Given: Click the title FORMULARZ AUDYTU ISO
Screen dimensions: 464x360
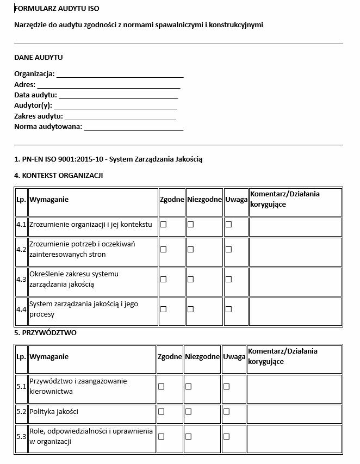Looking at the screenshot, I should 57,9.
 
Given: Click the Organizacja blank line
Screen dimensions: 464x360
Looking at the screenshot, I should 120,75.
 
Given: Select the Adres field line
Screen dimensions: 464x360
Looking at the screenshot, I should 108,85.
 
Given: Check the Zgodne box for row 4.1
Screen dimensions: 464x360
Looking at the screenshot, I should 163,224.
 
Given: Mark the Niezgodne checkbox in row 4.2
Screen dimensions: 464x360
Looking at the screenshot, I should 190,249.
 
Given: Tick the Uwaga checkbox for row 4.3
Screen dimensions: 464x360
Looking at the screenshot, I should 228,279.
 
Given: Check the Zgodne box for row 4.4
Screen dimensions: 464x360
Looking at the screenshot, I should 163,309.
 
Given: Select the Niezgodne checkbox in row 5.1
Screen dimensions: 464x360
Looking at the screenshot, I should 188,386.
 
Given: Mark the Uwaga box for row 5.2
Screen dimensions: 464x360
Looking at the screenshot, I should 226,411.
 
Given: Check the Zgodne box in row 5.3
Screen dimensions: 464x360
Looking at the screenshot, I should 161,436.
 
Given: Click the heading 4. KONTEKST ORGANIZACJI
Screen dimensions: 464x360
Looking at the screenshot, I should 59,175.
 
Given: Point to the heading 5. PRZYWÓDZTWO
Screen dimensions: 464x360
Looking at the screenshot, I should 45,332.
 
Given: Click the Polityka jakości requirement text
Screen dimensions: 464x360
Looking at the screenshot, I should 51,411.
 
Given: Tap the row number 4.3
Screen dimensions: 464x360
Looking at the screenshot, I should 21,279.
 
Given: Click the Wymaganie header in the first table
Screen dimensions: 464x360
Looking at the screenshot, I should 49,199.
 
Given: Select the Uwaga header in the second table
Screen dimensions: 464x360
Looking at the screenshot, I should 234,357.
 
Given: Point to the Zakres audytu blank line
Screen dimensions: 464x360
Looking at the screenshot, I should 120,116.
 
